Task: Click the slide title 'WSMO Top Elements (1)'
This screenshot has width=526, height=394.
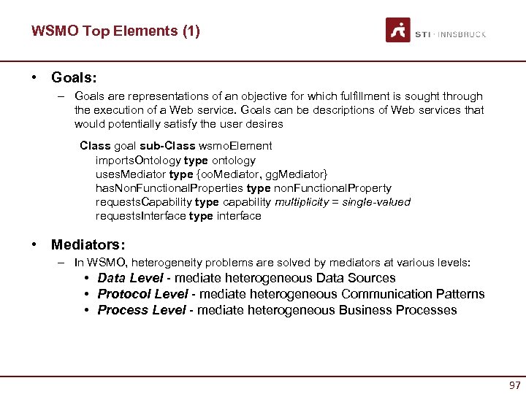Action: click(x=115, y=31)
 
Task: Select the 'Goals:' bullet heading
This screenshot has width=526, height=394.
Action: click(x=74, y=77)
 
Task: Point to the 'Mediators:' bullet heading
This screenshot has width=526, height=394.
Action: click(x=88, y=244)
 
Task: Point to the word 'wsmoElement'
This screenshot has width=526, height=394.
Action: click(x=237, y=146)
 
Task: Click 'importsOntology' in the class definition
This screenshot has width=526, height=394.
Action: click(x=138, y=160)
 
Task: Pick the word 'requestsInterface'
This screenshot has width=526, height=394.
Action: click(x=141, y=216)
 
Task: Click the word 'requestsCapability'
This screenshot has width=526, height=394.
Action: click(x=144, y=201)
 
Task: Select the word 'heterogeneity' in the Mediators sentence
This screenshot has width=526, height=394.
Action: click(x=171, y=263)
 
